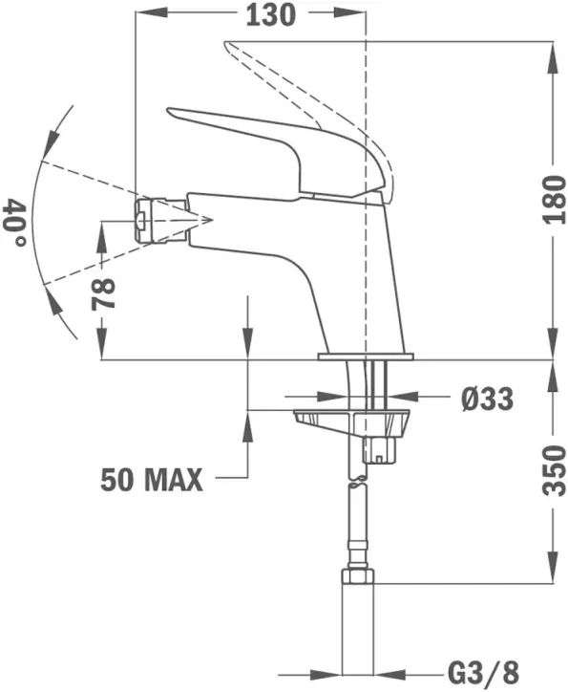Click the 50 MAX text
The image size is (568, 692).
coord(153,479)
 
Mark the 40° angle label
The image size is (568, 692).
coord(15,222)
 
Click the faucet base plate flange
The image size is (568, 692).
coord(366,357)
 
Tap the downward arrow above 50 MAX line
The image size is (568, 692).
coord(248,344)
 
